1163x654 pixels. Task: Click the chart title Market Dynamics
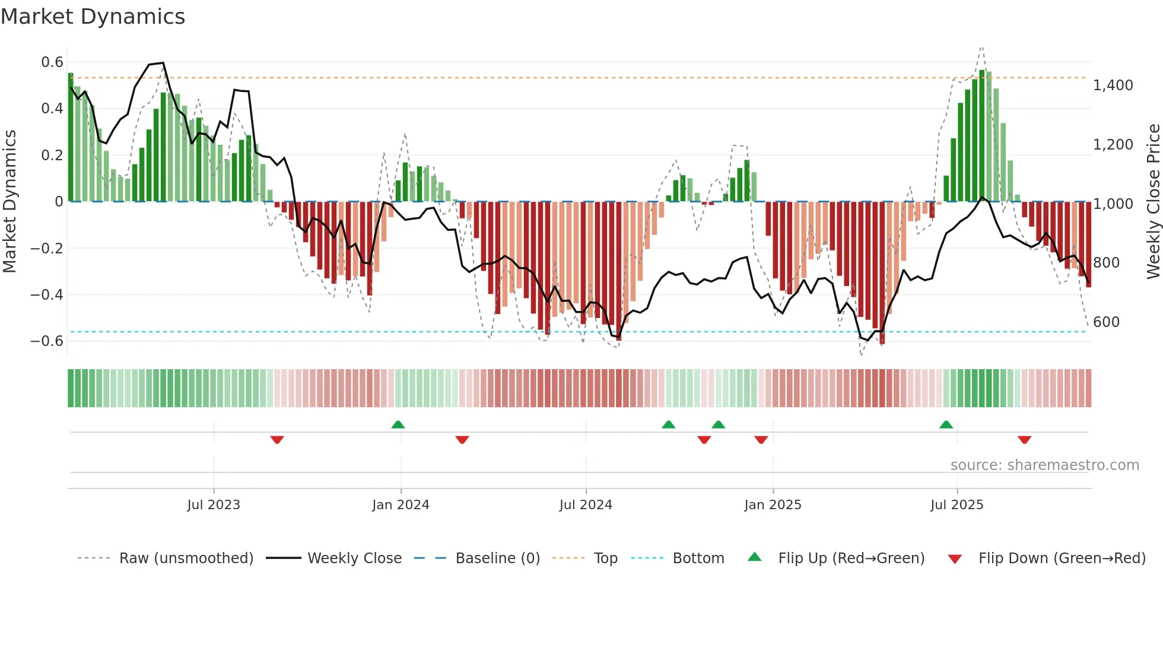(x=93, y=17)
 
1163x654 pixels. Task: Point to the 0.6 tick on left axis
(x=52, y=62)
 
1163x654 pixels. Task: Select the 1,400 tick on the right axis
(x=1113, y=85)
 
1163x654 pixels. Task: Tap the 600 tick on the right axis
(x=1106, y=322)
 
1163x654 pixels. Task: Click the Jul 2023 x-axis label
(x=214, y=505)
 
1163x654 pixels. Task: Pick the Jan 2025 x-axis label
(x=773, y=505)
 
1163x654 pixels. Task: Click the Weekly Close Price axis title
(x=1153, y=202)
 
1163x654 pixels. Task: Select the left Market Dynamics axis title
(x=9, y=202)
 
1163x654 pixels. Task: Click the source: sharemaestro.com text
(x=1044, y=465)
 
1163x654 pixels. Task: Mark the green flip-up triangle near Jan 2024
(x=398, y=425)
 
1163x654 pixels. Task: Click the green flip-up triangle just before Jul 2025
(x=946, y=425)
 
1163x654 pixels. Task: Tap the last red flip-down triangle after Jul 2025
(x=1024, y=440)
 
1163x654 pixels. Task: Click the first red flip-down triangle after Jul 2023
(x=277, y=440)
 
